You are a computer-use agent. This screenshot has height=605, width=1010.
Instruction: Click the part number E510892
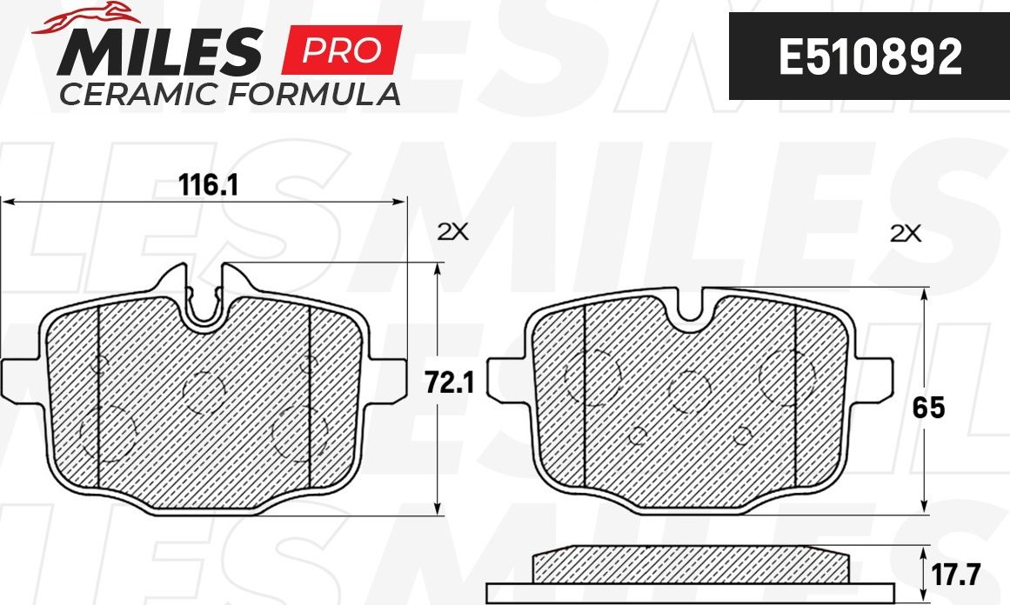point(869,57)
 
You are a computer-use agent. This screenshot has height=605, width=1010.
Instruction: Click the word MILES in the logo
point(161,51)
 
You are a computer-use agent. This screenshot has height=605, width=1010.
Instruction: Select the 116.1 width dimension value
point(209,185)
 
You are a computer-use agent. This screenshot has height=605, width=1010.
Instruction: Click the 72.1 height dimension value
point(448,382)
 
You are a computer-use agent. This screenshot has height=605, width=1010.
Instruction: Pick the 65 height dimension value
point(928,408)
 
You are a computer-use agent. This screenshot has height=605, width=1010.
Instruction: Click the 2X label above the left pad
point(451,232)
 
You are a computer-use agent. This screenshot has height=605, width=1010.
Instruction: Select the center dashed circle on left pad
point(204,391)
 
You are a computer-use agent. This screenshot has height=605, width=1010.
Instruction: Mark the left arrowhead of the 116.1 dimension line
point(7,202)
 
